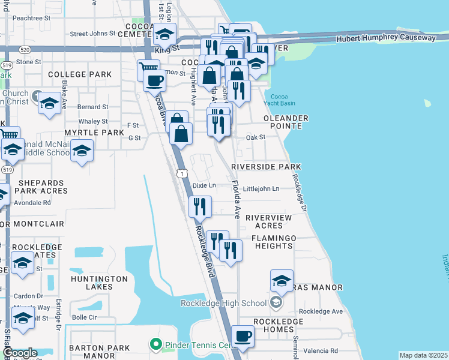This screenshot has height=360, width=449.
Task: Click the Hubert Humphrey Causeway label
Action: pos(385,38)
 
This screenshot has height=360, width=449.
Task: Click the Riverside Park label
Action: pos(265,166)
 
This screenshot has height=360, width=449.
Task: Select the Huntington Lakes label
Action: pos(99,283)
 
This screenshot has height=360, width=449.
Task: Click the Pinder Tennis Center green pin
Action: pos(156,344)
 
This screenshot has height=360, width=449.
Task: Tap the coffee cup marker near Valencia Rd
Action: pos(243,337)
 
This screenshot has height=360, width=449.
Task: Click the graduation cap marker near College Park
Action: pos(49,102)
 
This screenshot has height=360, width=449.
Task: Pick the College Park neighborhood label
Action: pos(80,74)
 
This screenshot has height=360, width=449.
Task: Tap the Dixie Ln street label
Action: pos(203,185)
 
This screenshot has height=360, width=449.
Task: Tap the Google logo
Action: pos(20,353)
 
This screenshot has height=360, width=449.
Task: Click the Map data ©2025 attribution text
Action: pos(423,355)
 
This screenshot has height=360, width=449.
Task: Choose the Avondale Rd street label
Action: pos(34,202)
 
